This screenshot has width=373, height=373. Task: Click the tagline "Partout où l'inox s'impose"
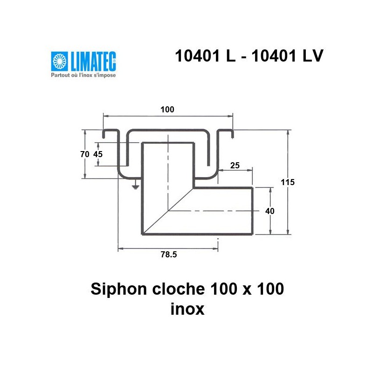pyautogui.click(x=83, y=75)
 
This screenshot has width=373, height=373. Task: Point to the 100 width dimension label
pyautogui.click(x=167, y=110)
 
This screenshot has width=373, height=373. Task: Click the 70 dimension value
pyautogui.click(x=84, y=155)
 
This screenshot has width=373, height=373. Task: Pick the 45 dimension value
pyautogui.click(x=98, y=155)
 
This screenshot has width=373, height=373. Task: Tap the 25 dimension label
pyautogui.click(x=235, y=166)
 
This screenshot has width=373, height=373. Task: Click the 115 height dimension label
pyautogui.click(x=288, y=182)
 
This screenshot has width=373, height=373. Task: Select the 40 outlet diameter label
pyautogui.click(x=269, y=211)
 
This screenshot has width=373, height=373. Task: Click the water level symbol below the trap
pyautogui.click(x=135, y=186)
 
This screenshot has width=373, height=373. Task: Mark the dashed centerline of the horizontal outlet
pyautogui.click(x=210, y=211)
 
